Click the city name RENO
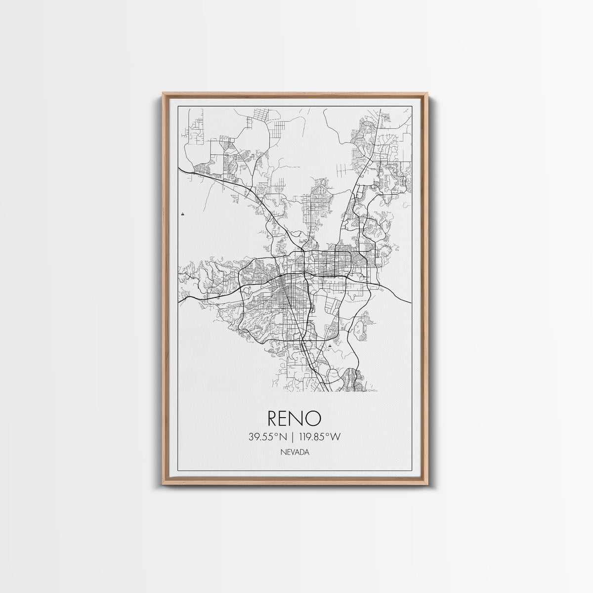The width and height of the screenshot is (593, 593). coord(295,419)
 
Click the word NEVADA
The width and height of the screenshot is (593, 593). coord(295,452)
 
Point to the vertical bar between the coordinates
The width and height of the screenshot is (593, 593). coord(295,436)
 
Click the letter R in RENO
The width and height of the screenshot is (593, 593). coord(274,419)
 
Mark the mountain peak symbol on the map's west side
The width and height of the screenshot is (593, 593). coord(183,214)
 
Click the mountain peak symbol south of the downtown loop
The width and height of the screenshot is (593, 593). coord(329,346)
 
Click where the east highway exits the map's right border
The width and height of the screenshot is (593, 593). coord(411,302)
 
